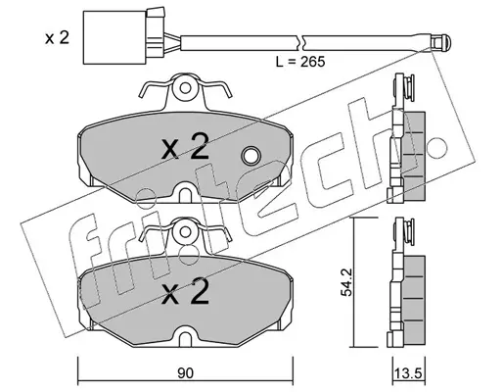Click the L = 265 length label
click(300, 62)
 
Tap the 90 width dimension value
click(186, 373)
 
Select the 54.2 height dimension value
click(346, 282)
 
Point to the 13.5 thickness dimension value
click(409, 373)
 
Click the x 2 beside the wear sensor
click(57, 38)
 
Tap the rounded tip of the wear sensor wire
click(441, 42)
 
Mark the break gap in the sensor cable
click(300, 42)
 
